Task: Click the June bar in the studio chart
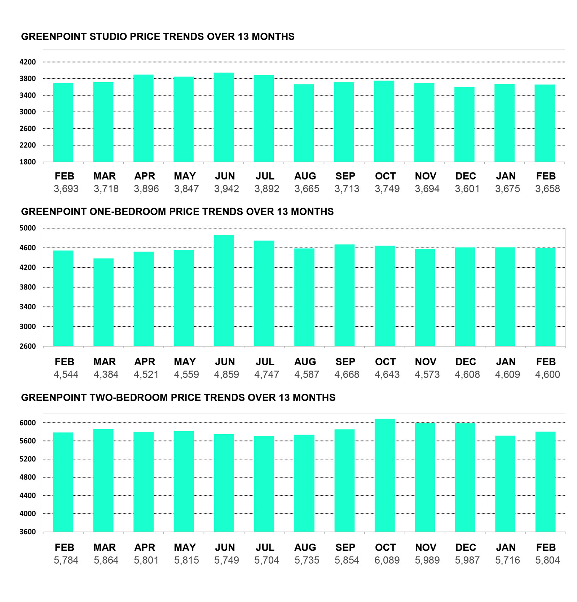[x=224, y=117]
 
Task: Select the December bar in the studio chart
[x=464, y=125]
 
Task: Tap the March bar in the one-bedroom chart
[x=103, y=302]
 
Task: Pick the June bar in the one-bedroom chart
[x=224, y=291]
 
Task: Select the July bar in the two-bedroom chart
[x=264, y=484]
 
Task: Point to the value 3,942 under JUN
[x=226, y=189]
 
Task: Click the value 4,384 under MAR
[x=106, y=375]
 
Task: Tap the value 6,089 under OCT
[x=387, y=560]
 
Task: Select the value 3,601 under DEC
[x=467, y=189]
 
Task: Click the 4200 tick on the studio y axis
[x=28, y=62]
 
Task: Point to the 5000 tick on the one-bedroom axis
[x=28, y=228]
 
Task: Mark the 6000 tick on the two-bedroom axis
[x=28, y=423]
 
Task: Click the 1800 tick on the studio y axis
[x=28, y=162]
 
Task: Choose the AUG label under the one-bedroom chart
[x=305, y=362]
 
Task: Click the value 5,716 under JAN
[x=507, y=560]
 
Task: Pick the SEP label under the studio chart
[x=345, y=176]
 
